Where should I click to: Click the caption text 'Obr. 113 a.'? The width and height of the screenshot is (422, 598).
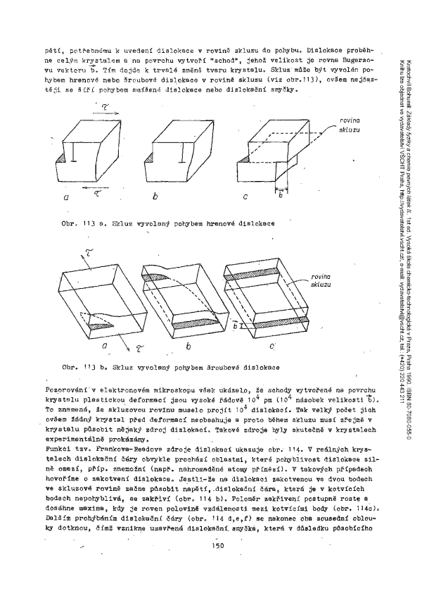point(82,223)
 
